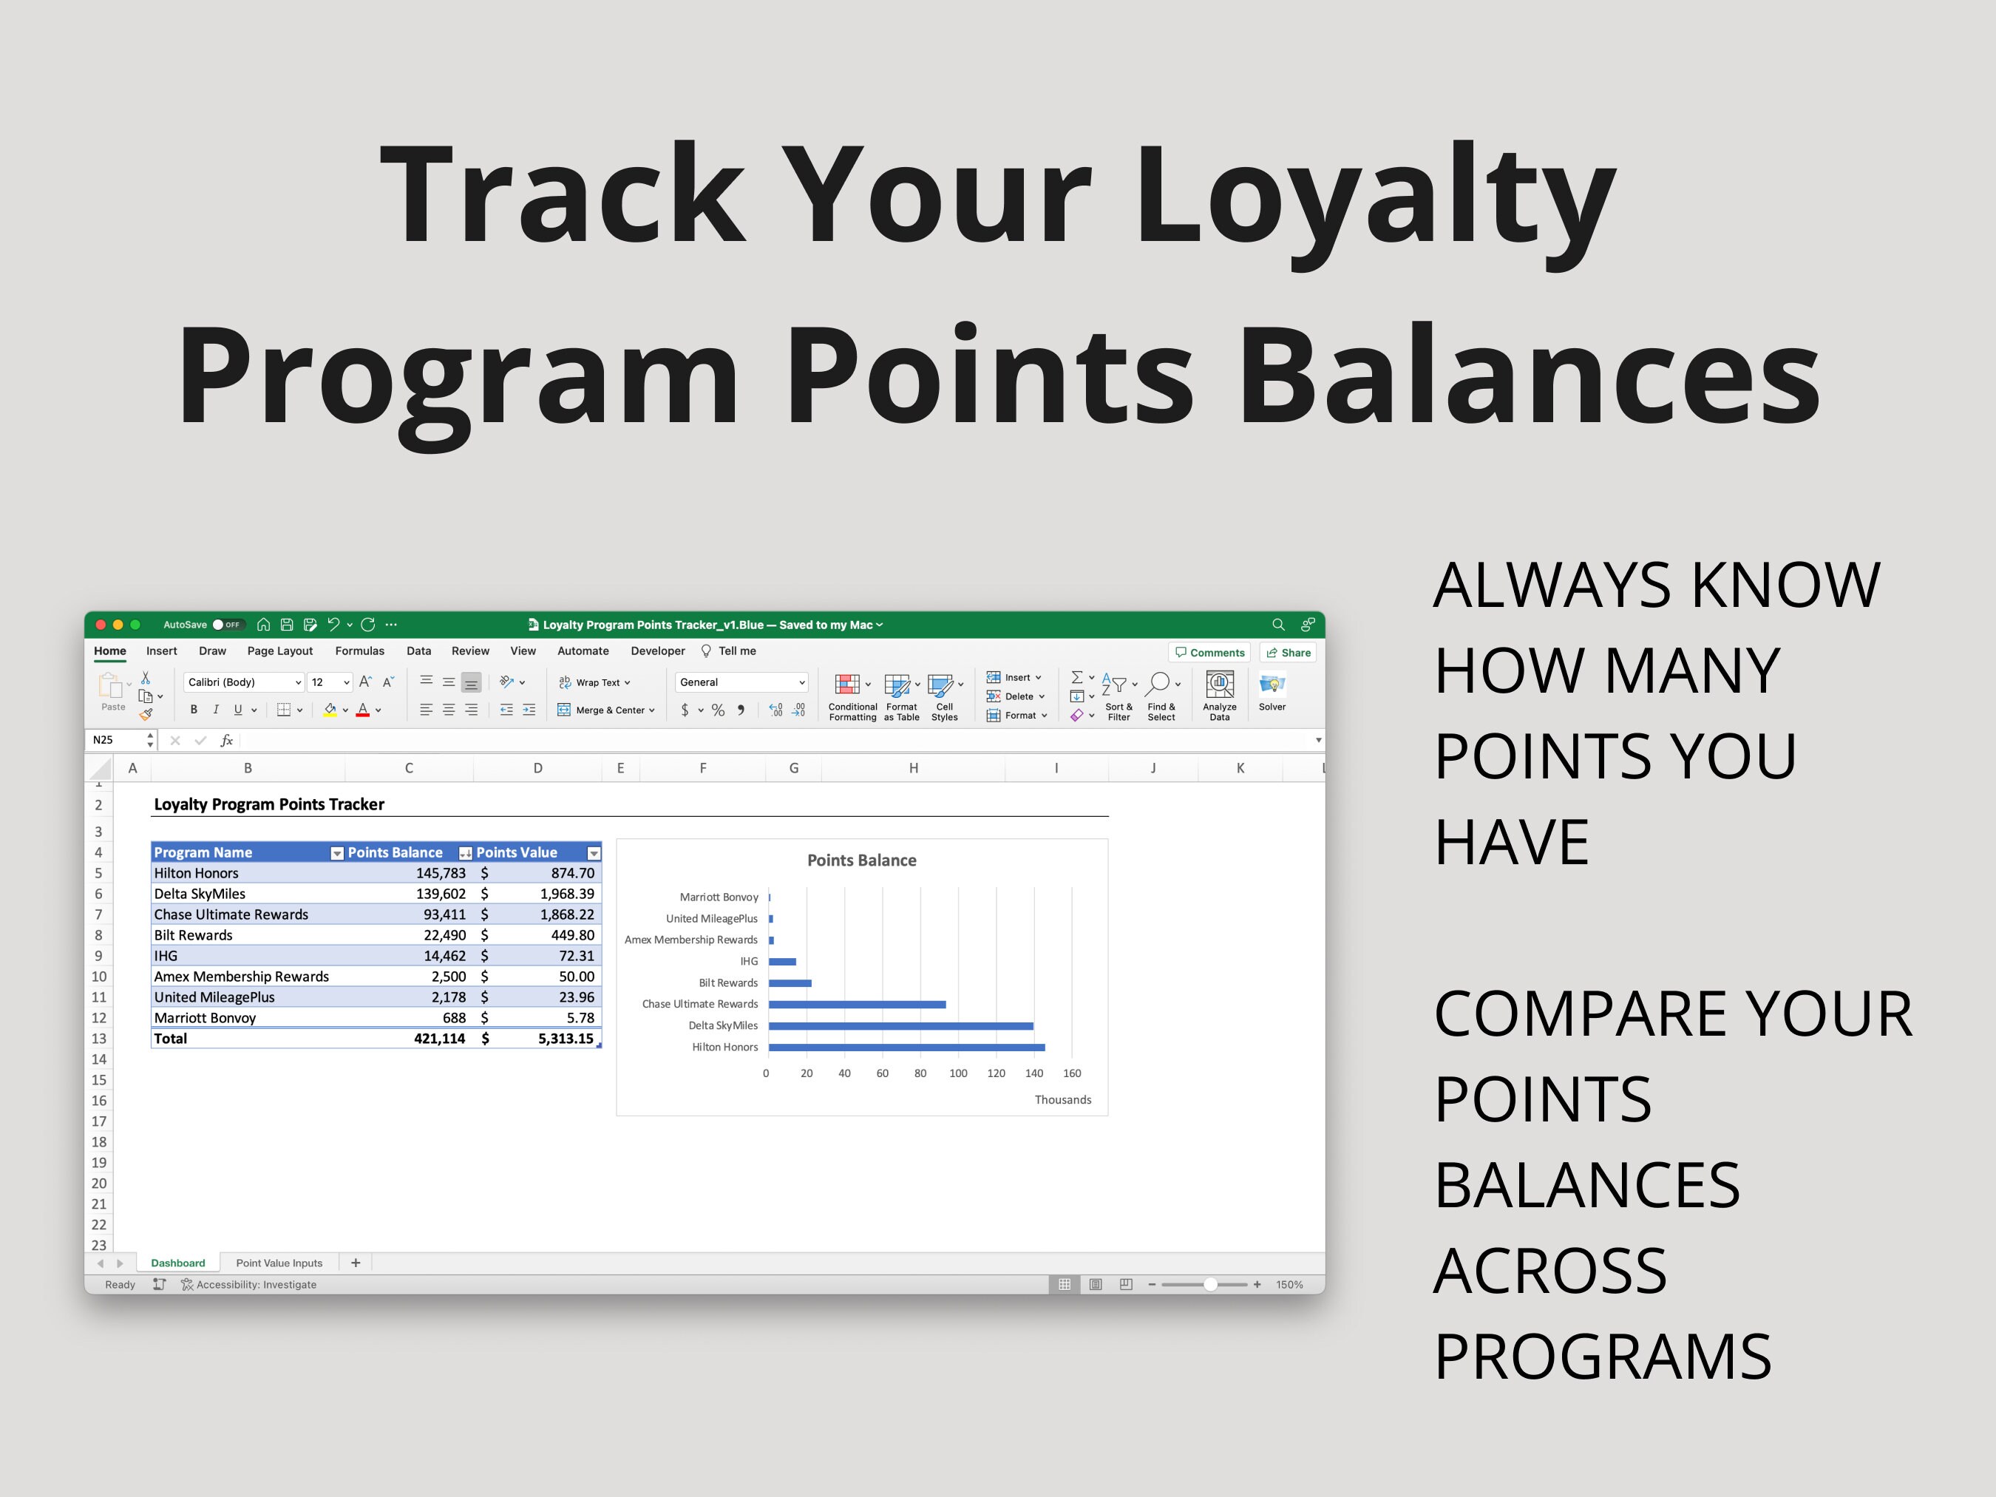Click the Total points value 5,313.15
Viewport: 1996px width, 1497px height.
(566, 1039)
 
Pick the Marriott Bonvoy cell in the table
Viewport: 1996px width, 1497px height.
(205, 1018)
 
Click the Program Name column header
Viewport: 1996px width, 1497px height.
(203, 852)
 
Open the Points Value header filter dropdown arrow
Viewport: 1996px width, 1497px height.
(594, 854)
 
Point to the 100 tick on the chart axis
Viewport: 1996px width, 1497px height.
(958, 1073)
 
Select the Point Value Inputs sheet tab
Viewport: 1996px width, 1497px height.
(279, 1263)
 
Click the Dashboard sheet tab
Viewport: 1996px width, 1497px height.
(177, 1263)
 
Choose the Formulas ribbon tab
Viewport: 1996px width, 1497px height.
(359, 651)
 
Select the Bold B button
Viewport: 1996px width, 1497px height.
(193, 710)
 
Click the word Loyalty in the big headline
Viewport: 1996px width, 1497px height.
(1374, 194)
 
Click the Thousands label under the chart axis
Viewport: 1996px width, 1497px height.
(1062, 1099)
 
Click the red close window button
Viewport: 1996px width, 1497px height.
(101, 625)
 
